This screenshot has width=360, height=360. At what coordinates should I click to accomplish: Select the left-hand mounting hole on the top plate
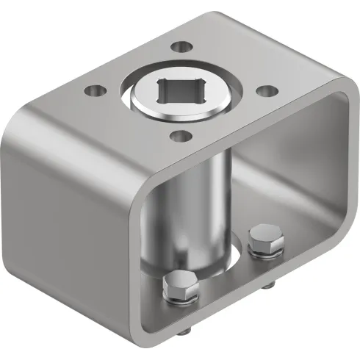(92, 91)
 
